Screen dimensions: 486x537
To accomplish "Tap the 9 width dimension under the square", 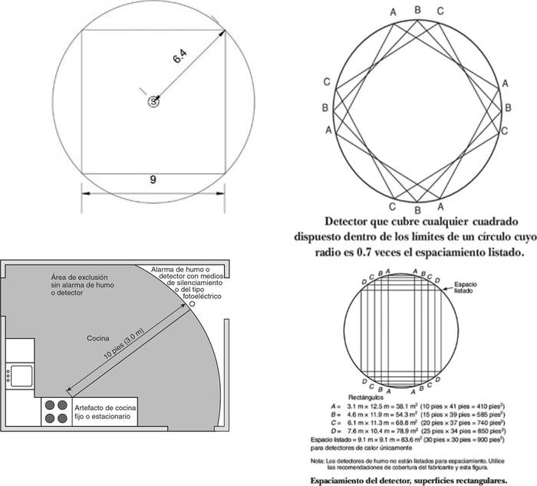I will [x=153, y=180].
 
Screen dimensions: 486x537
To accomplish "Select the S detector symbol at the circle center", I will [x=154, y=101].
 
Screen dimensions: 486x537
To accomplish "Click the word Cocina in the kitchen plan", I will [x=97, y=337].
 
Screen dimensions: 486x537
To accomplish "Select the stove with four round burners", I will [x=54, y=411].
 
